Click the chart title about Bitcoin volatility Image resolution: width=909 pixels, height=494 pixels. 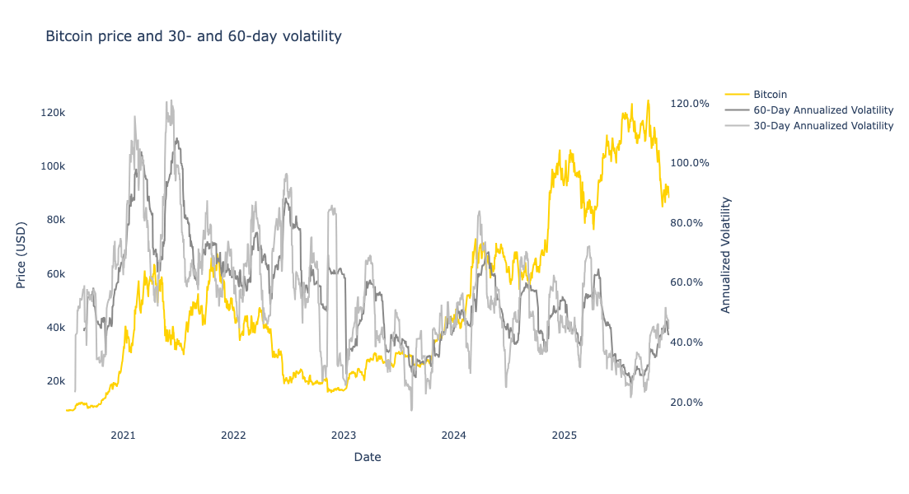pos(193,37)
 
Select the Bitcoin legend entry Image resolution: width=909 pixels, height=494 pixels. pos(770,94)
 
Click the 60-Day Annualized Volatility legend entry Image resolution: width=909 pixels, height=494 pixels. pos(822,110)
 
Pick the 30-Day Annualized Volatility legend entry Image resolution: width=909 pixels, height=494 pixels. pos(822,126)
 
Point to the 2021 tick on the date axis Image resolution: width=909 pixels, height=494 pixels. pos(123,434)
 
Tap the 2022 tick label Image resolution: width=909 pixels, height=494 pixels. pos(233,434)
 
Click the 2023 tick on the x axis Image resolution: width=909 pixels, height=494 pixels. pos(344,434)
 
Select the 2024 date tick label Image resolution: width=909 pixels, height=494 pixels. pos(454,434)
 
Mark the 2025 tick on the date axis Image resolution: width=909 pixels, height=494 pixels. pos(565,434)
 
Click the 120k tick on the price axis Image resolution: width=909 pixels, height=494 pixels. pos(53,112)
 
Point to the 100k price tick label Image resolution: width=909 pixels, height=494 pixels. pos(53,165)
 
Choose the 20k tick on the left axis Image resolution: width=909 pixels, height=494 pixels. pos(54,381)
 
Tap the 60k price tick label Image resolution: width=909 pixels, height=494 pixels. pos(54,273)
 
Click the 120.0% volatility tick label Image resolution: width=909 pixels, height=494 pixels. pos(689,104)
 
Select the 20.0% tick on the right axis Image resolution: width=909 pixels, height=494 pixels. pos(691,403)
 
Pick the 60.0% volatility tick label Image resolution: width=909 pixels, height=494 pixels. pos(691,282)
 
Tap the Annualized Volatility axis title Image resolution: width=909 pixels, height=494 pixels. pos(726,254)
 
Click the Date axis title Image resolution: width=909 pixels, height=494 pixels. pos(367,457)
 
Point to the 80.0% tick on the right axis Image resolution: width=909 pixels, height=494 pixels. pos(691,223)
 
